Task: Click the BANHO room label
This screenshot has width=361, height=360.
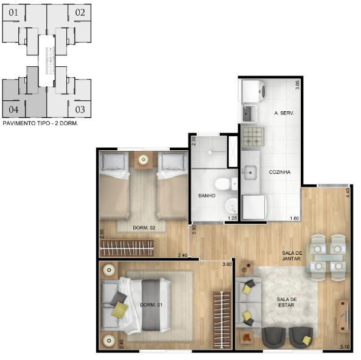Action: click(207, 196)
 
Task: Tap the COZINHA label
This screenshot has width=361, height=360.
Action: click(279, 172)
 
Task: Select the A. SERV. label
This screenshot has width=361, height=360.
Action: click(284, 113)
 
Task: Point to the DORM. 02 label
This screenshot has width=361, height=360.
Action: click(144, 227)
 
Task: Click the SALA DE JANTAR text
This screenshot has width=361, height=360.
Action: click(292, 256)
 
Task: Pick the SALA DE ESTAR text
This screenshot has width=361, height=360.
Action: click(287, 302)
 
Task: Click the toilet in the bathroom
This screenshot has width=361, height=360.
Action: click(226, 184)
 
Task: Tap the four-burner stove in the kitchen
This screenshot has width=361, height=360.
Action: click(253, 137)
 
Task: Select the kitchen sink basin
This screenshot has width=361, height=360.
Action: click(250, 173)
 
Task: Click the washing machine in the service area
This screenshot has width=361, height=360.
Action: click(253, 91)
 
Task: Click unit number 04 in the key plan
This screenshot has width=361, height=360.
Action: click(13, 109)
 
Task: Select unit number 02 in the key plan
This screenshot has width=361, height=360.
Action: click(80, 12)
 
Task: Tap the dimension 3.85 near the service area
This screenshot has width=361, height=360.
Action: click(297, 85)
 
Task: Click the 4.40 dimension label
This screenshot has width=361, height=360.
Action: click(348, 193)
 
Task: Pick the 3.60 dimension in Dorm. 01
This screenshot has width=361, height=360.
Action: click(227, 265)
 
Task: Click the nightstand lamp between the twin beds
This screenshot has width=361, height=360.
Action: click(143, 159)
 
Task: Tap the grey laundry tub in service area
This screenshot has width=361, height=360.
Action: click(250, 113)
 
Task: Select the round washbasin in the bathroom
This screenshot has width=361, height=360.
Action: click(231, 205)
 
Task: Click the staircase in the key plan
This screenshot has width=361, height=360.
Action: click(50, 61)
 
